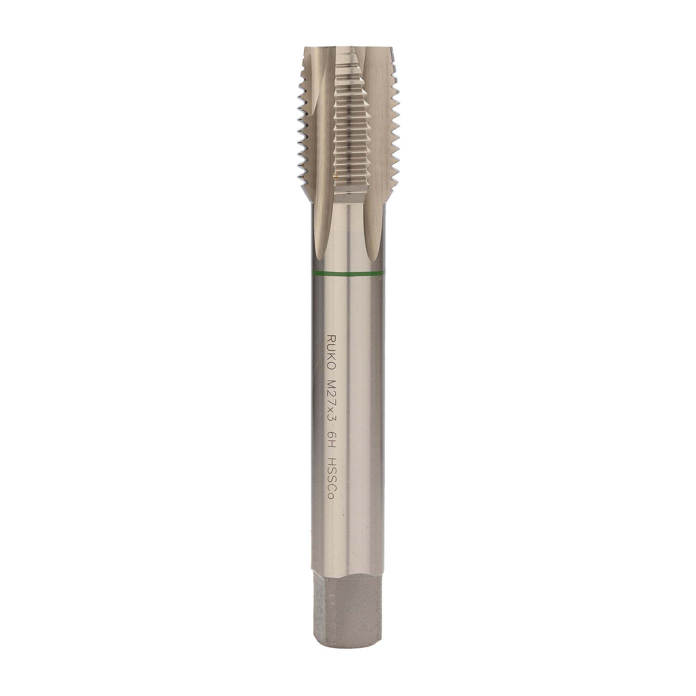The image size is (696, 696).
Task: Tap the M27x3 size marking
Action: coord(331,399)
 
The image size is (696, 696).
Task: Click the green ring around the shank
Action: coord(348,274)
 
